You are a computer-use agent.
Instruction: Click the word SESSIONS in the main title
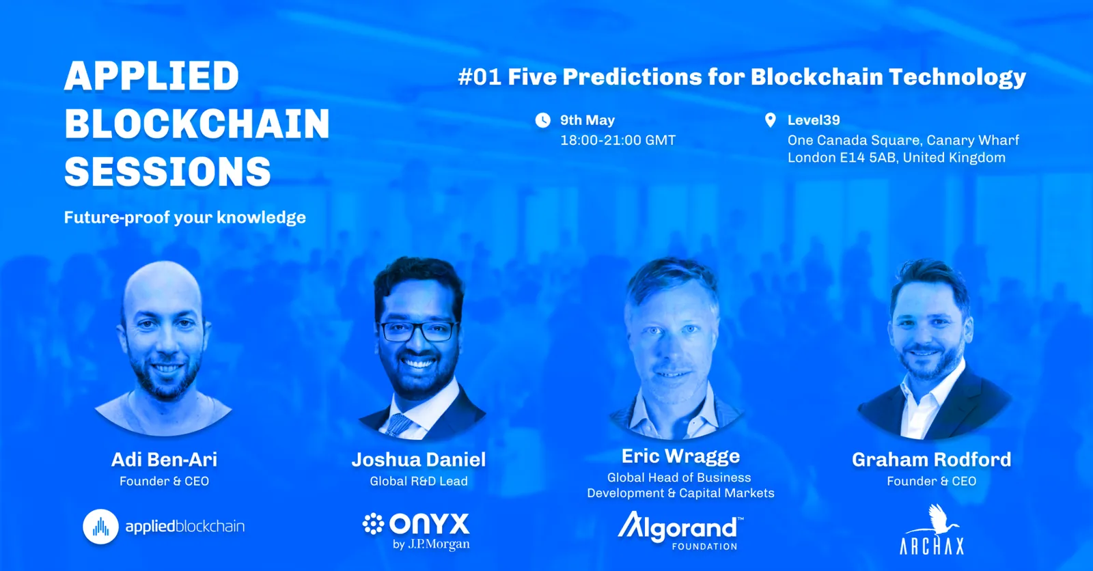[167, 171]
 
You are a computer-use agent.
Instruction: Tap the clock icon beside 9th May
[542, 120]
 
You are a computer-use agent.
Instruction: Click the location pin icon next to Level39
[771, 120]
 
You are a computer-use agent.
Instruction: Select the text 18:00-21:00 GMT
[618, 141]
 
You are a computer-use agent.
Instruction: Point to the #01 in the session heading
[480, 77]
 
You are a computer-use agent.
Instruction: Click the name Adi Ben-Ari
[165, 459]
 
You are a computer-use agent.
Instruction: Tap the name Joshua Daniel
[419, 459]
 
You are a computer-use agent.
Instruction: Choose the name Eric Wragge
[680, 456]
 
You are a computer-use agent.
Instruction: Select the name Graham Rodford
[932, 459]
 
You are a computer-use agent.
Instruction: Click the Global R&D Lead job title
[419, 482]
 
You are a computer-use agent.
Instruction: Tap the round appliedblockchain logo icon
[100, 527]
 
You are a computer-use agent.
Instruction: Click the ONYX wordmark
[430, 524]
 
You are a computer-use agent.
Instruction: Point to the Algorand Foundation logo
[680, 531]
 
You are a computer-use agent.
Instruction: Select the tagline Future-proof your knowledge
[185, 218]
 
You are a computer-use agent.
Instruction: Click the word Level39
[814, 120]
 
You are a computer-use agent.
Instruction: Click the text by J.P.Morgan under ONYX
[431, 544]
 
